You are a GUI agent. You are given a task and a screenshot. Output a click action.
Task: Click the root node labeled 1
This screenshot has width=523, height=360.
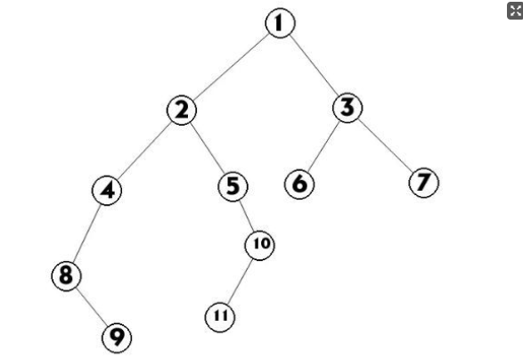coord(280,23)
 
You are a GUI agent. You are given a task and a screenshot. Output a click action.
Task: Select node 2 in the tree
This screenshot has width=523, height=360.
coord(182,110)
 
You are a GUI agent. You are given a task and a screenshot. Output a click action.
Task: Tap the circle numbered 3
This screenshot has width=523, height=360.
coord(347,108)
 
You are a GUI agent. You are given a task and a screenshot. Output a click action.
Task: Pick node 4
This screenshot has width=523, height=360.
coord(107,191)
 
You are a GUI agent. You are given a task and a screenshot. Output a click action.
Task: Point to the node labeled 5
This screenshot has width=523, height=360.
coord(233,186)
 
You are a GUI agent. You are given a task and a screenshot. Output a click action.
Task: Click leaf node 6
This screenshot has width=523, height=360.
coord(299,184)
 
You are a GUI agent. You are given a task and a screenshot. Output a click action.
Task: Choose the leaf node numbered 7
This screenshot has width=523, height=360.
coord(424,183)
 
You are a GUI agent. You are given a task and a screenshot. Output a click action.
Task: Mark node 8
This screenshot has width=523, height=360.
coord(66,276)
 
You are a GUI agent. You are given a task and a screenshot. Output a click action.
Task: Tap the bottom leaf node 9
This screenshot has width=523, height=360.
coord(117,338)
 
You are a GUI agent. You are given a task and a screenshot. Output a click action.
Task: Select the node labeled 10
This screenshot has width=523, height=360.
coord(260,245)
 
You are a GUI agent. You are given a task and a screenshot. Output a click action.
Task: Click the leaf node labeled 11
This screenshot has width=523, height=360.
coord(220,317)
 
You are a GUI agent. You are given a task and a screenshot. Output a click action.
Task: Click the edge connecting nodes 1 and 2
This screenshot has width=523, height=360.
coord(231,67)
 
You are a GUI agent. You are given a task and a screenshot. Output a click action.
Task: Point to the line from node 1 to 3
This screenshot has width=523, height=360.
coord(314,65)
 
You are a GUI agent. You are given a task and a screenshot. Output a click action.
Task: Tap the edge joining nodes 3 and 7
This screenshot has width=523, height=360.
coord(386,144)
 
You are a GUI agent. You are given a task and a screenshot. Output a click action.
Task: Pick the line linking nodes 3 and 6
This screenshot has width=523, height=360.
coord(323,146)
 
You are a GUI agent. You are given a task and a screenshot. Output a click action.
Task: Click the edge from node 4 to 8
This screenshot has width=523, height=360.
coord(86,233)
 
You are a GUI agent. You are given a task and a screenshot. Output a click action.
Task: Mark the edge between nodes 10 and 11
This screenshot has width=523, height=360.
coord(240,282)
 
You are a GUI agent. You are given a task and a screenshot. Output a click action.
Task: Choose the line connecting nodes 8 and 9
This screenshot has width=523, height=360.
coord(92,307)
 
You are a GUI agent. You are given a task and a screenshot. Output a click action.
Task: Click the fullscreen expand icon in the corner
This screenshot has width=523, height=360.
coord(515,11)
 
